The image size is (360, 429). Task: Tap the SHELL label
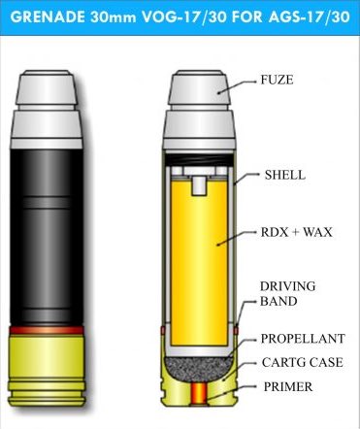click(x=284, y=175)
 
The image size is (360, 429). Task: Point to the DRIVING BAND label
click(x=285, y=294)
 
